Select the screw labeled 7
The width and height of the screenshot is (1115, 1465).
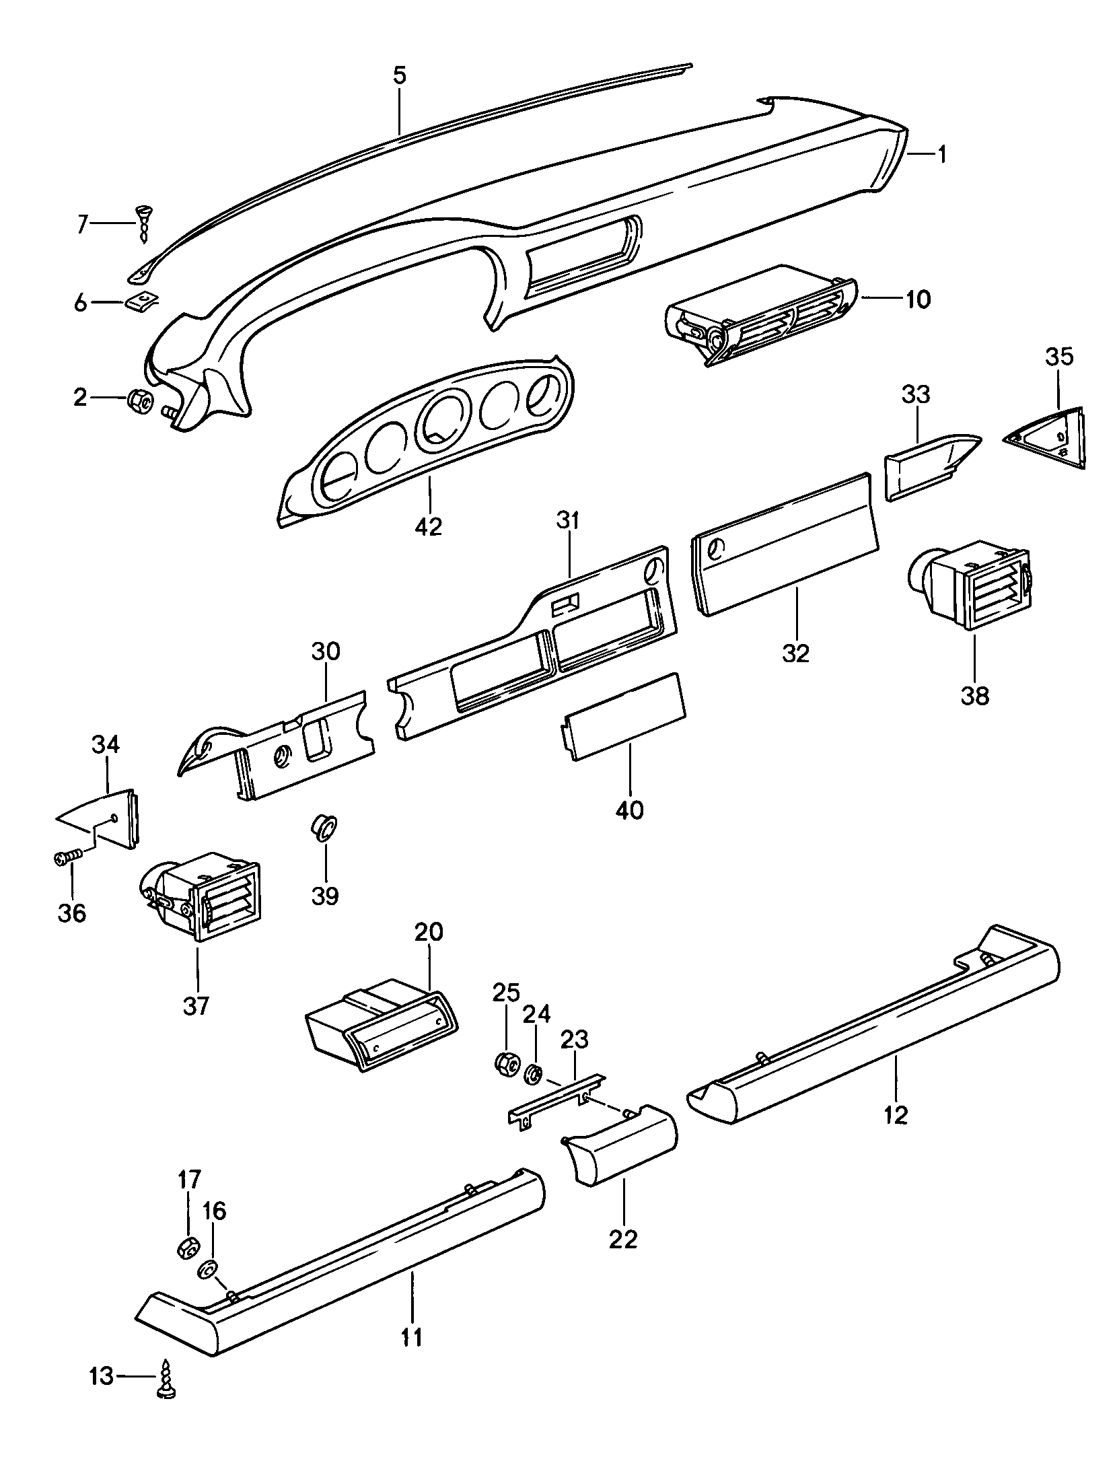144,223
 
